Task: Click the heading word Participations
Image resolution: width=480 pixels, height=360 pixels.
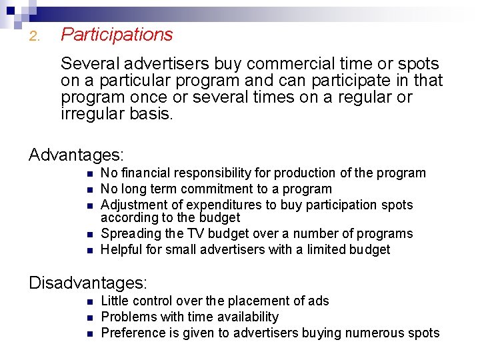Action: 117,35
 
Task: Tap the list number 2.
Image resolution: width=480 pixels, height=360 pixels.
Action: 35,37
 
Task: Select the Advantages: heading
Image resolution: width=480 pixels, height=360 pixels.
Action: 77,155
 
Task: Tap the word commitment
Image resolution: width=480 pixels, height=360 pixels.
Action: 221,189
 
